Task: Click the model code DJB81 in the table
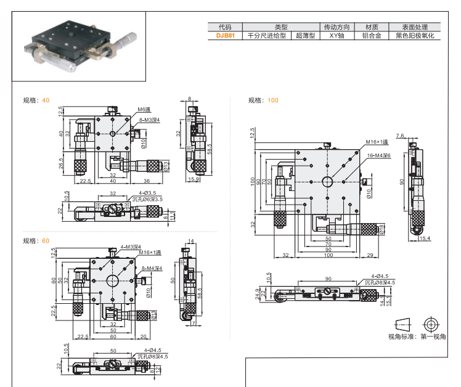[226, 36]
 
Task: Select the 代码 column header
[226, 27]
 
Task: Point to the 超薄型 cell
[305, 36]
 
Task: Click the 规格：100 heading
[263, 100]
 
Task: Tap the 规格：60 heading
[36, 240]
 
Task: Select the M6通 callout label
[144, 109]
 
